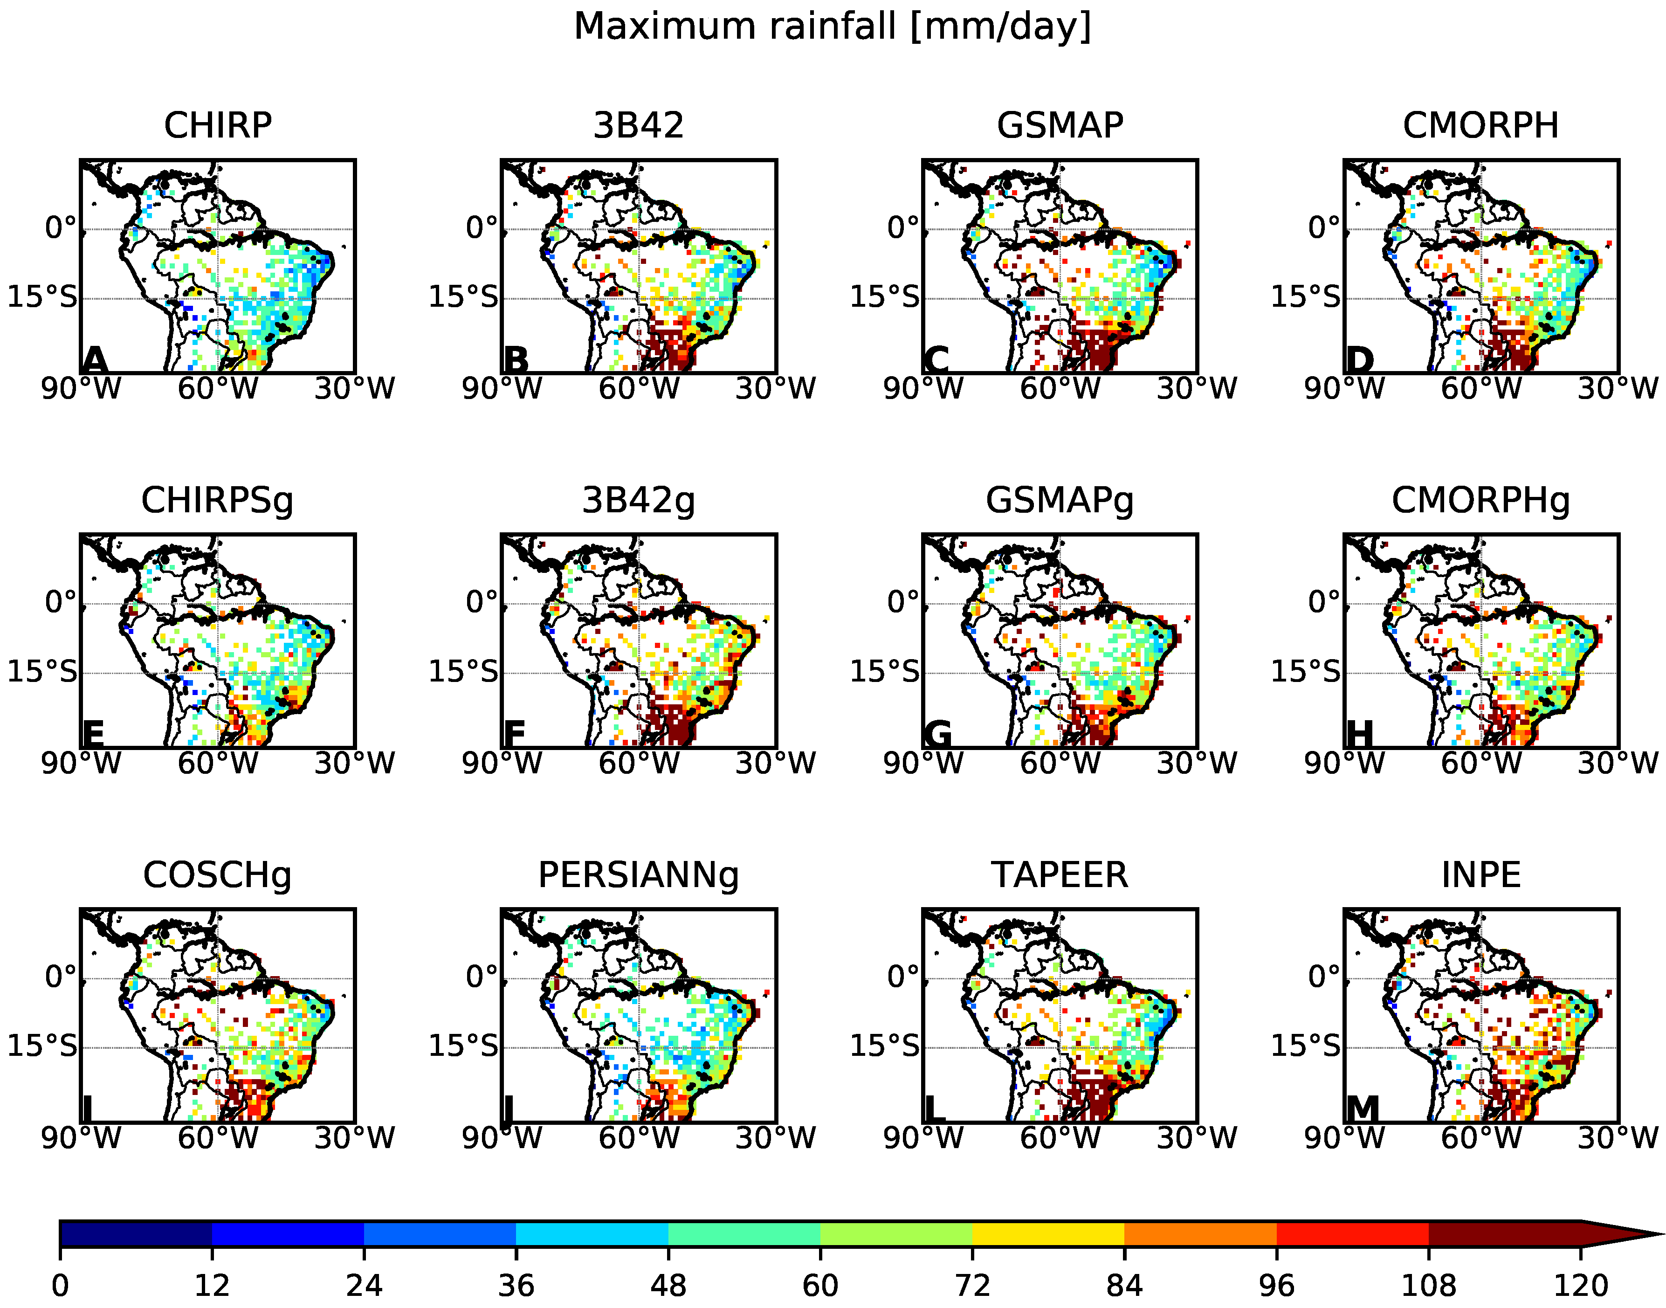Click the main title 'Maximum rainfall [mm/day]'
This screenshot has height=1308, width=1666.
click(x=832, y=28)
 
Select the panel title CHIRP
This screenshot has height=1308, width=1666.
click(x=217, y=125)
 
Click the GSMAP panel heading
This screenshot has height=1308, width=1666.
click(x=1059, y=125)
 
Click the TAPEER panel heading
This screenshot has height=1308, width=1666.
click(x=1059, y=875)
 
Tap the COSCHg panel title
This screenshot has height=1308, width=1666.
click(x=217, y=875)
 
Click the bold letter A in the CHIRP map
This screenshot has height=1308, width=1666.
click(x=95, y=360)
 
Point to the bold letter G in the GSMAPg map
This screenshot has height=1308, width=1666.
click(x=937, y=735)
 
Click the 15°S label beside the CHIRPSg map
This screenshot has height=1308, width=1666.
click(x=42, y=672)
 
